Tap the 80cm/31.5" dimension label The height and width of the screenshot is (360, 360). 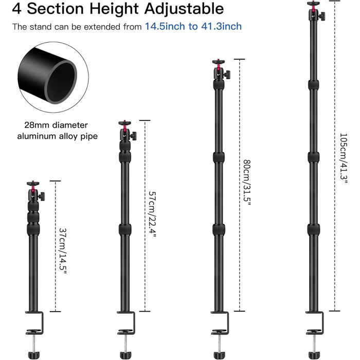click(246, 183)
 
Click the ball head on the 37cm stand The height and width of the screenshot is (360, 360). click(33, 193)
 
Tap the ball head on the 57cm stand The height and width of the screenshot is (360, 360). click(126, 135)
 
